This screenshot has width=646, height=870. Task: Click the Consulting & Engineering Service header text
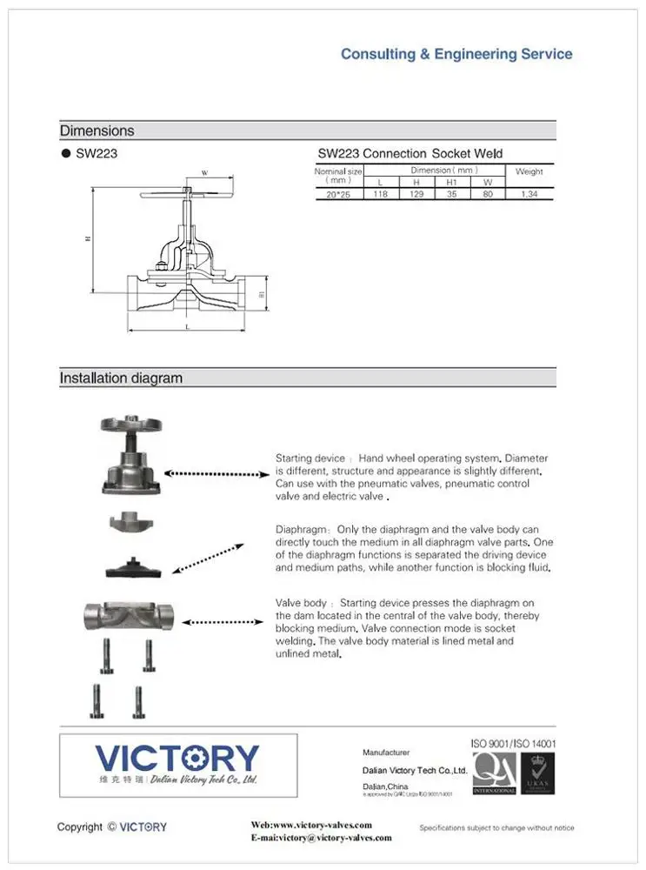pos(456,54)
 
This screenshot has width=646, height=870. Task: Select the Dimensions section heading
pos(97,130)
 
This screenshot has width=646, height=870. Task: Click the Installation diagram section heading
pos(121,378)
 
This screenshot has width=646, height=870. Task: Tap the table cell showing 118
pos(380,194)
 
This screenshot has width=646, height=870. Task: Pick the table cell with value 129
pos(416,194)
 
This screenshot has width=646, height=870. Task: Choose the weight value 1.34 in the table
pos(529,194)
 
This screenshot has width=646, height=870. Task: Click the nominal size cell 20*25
pos(338,194)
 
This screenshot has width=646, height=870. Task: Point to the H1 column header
pos(451,182)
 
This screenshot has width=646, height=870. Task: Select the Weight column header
pos(529,171)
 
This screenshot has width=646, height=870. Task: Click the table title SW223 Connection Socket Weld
pos(410,153)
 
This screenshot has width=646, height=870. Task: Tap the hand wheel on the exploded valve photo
pos(130,425)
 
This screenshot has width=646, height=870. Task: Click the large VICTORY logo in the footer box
pos(176,758)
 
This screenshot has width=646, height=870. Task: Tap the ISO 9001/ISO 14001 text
pos(513,744)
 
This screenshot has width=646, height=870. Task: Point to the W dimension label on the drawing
pos(204,173)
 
